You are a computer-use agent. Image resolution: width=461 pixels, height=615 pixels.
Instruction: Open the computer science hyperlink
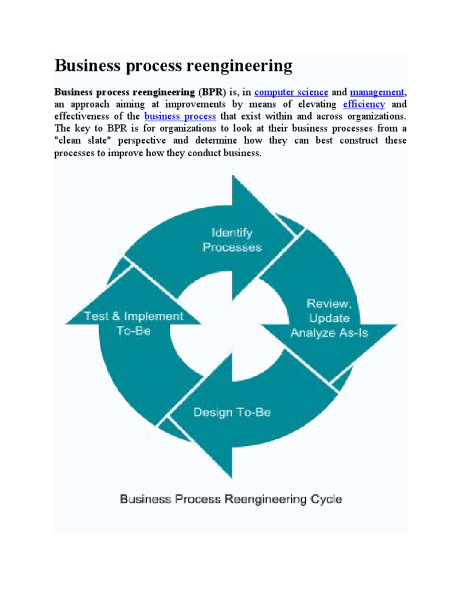coord(291,92)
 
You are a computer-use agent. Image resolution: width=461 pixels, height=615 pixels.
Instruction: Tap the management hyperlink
coord(377,92)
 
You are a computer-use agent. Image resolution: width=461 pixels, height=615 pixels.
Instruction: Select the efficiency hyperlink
coord(364,104)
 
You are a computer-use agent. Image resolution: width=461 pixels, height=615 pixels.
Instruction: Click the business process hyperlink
coord(180,116)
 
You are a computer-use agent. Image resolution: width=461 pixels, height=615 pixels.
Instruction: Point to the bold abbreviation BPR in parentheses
coord(209,92)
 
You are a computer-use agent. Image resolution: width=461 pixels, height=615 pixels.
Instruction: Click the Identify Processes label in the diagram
coord(232,240)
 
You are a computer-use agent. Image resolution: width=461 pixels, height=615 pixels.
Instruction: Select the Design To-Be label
coord(232,412)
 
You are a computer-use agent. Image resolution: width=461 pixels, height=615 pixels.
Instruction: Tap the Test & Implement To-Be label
coord(133,323)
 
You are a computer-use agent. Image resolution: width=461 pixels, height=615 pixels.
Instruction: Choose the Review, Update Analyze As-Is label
coord(329,318)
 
